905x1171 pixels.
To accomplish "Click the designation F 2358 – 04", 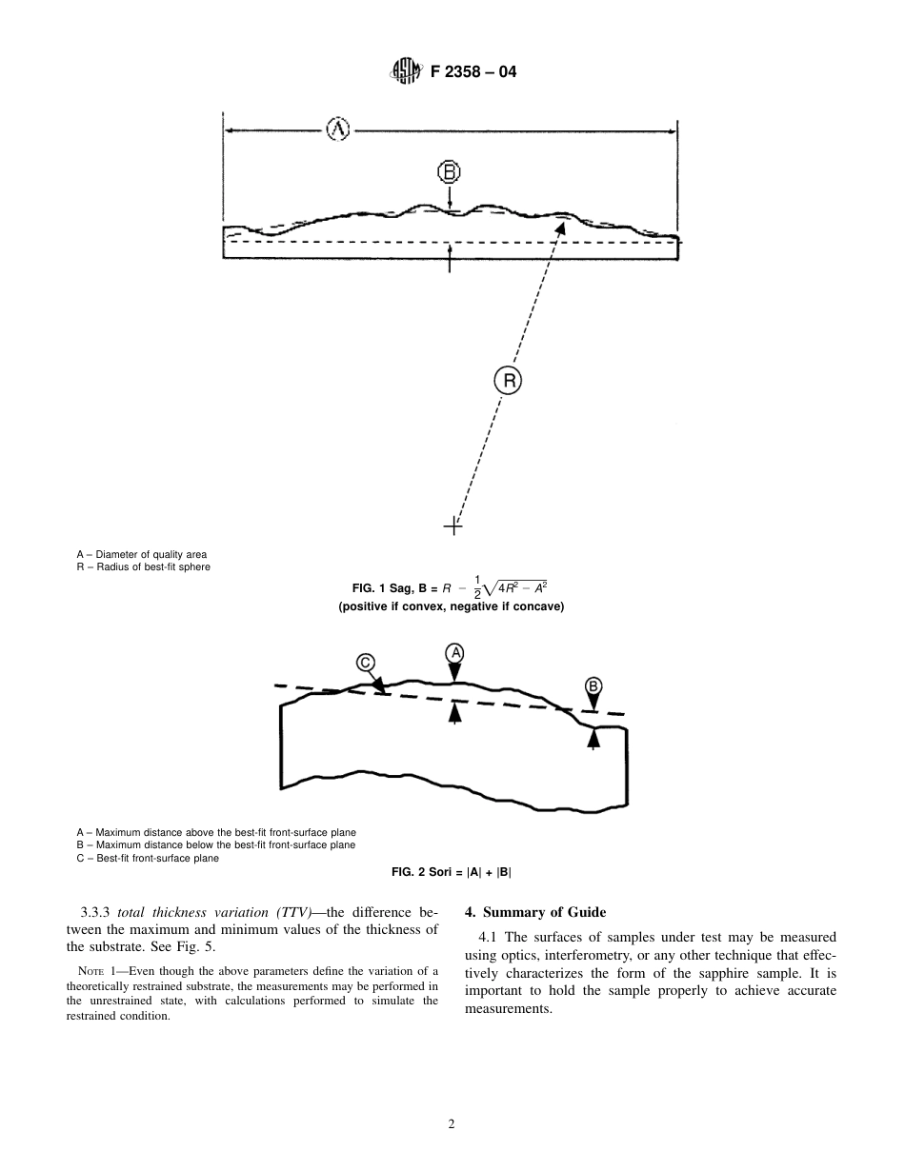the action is pyautogui.click(x=473, y=71).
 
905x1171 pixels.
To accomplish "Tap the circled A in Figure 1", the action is pyautogui.click(x=338, y=129).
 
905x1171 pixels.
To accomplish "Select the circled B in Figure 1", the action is pyautogui.click(x=449, y=172).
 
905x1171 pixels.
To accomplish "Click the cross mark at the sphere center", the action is pyautogui.click(x=453, y=525).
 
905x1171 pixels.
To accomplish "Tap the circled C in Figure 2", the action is pyautogui.click(x=366, y=663).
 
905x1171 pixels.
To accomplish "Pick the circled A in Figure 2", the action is pyautogui.click(x=455, y=652).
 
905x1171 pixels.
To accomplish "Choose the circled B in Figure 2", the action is pyautogui.click(x=593, y=686).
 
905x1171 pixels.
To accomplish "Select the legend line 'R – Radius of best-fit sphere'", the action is pyautogui.click(x=143, y=567).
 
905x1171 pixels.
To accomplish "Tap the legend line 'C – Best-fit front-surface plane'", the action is pyautogui.click(x=148, y=858).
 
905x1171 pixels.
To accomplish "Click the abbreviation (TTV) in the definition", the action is pyautogui.click(x=299, y=912).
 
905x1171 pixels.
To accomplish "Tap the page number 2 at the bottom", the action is pyautogui.click(x=452, y=1123).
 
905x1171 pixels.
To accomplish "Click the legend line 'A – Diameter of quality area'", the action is pyautogui.click(x=142, y=554).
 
